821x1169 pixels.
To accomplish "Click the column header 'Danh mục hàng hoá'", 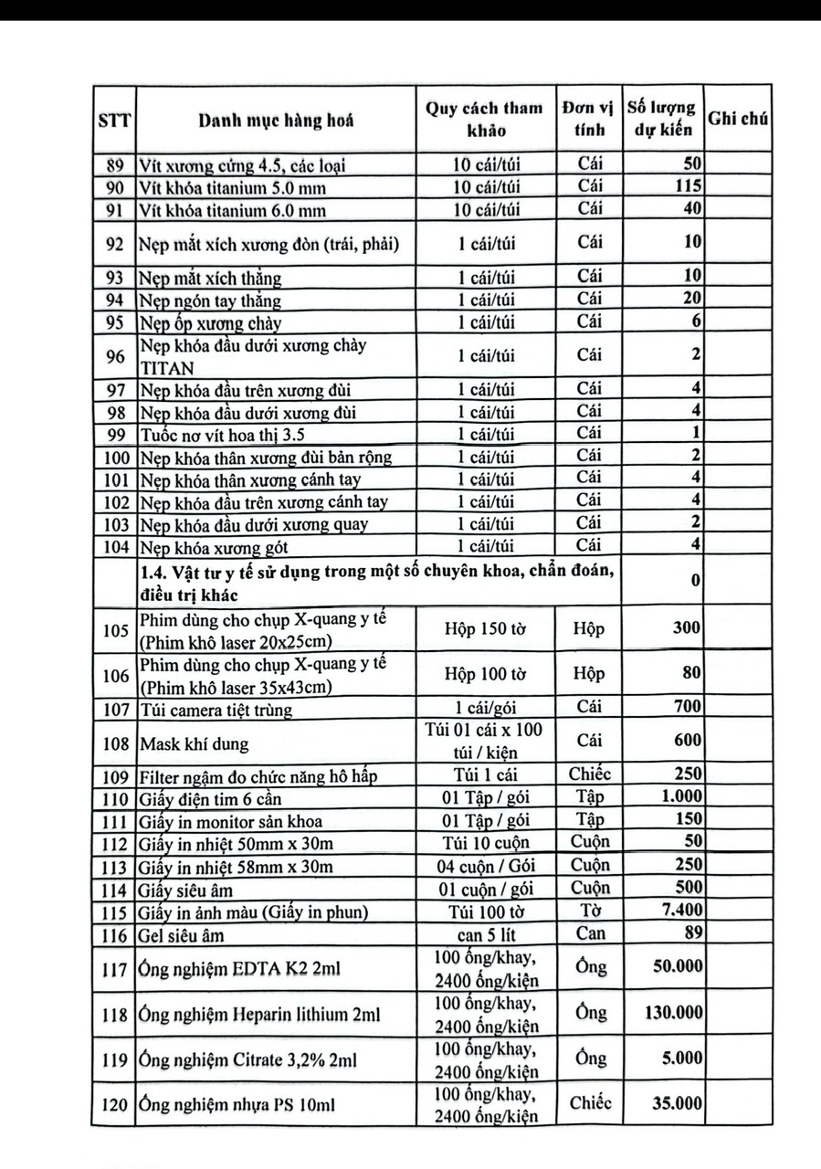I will [x=276, y=120].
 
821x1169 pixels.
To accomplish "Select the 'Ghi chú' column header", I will [x=739, y=120].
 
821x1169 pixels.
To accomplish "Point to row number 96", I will [x=114, y=357].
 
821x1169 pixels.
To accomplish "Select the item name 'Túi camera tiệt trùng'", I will [x=216, y=708].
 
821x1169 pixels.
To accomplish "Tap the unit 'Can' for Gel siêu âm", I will [x=590, y=932].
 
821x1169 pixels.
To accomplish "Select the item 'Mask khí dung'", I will [x=194, y=743].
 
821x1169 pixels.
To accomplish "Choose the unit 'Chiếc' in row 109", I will [x=590, y=775].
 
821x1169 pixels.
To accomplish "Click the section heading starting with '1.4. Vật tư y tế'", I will [x=374, y=582].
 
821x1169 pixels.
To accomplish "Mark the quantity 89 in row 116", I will [x=691, y=932].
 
